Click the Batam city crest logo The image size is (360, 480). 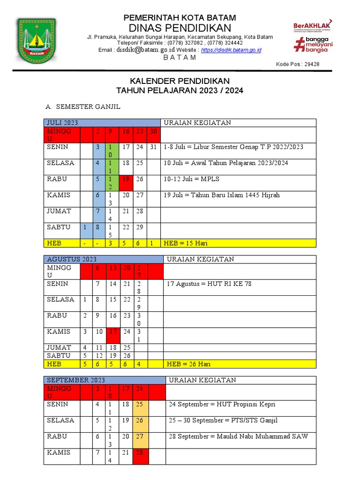[36, 41]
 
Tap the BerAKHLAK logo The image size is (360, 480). [312, 25]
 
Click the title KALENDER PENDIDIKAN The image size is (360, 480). [180, 81]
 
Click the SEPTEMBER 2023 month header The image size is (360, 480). [75, 380]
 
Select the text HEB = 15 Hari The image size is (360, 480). [186, 243]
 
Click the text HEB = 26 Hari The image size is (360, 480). [190, 364]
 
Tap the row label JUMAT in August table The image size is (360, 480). [59, 347]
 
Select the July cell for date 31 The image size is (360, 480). [153, 147]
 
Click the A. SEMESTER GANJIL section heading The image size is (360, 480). [83, 107]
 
